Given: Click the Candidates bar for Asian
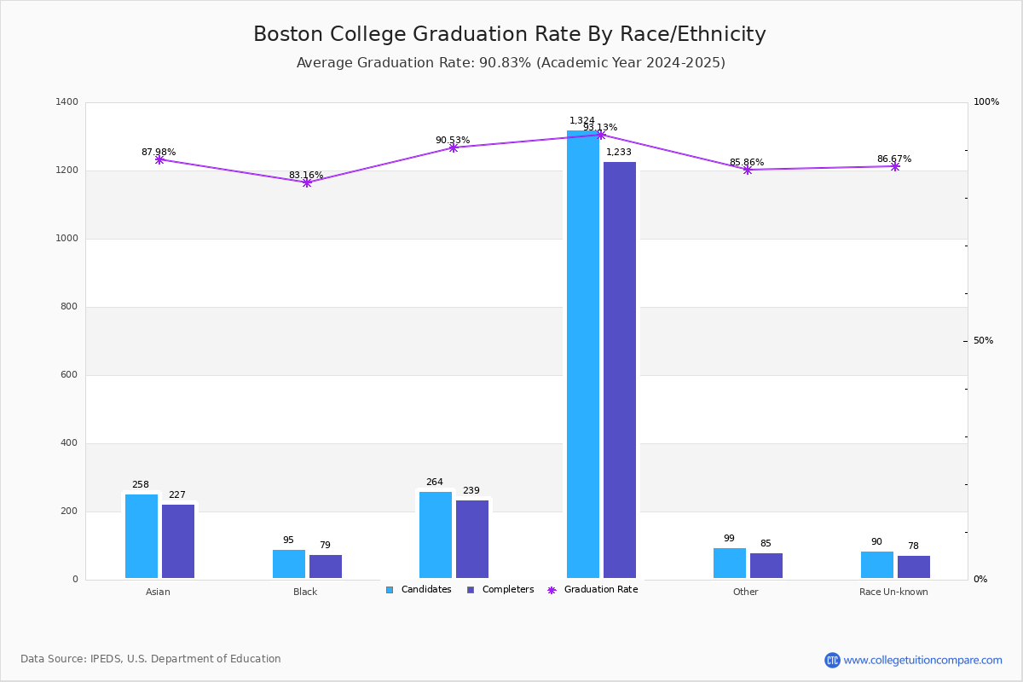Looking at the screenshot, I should [x=142, y=536].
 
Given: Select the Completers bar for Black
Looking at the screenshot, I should [x=326, y=567].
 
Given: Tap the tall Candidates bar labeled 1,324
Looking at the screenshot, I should [x=583, y=358].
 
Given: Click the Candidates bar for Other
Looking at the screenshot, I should [x=730, y=564].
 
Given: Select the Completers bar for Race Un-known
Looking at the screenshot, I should [x=914, y=567].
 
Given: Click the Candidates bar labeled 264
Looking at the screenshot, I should [x=436, y=535].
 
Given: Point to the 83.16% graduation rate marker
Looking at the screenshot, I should [x=307, y=182].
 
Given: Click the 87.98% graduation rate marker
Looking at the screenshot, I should [x=159, y=159].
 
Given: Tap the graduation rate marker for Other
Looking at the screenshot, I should [x=748, y=170].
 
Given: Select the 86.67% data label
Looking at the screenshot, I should [x=893, y=159].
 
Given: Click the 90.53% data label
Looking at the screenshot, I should [x=453, y=140].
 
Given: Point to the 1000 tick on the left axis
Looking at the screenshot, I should [x=67, y=239].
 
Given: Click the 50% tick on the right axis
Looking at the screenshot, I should [x=983, y=341].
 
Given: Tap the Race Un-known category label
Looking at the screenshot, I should [x=893, y=592].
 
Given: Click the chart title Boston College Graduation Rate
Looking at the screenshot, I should [x=510, y=34].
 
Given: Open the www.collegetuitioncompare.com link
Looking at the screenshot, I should [x=922, y=660].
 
